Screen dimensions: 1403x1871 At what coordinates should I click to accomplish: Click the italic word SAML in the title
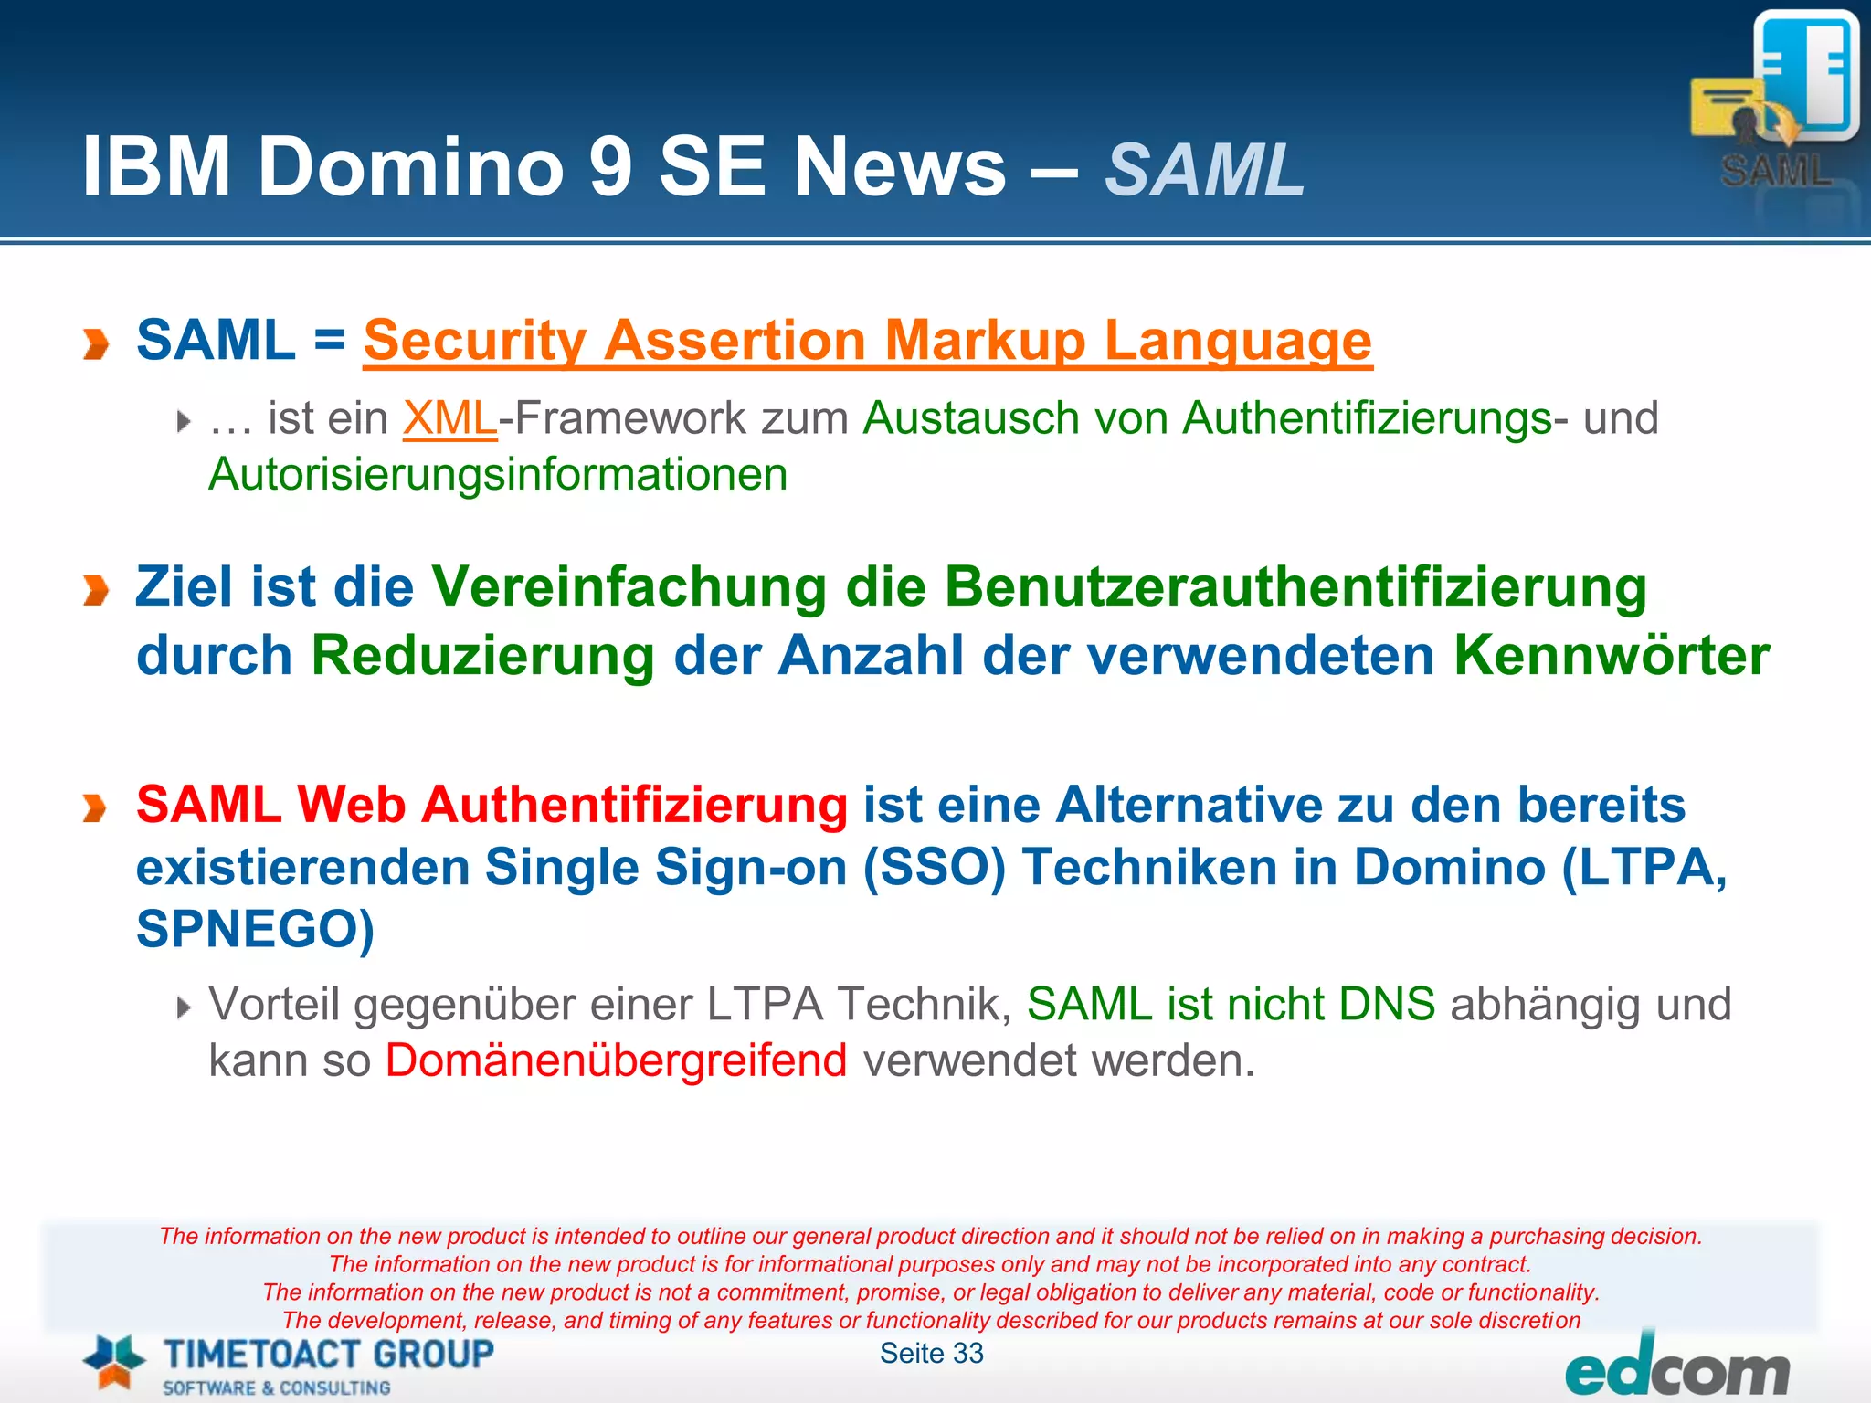pyautogui.click(x=1204, y=170)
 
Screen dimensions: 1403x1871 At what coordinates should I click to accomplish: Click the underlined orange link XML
pyautogui.click(x=449, y=419)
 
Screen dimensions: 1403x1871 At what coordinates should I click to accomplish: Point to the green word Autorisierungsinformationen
pyautogui.click(x=498, y=475)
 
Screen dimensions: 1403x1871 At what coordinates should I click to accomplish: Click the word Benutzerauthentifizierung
pyautogui.click(x=1295, y=587)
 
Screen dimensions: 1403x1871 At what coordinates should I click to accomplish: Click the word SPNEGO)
pyautogui.click(x=255, y=929)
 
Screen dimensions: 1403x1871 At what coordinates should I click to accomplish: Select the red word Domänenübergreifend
pyautogui.click(x=616, y=1060)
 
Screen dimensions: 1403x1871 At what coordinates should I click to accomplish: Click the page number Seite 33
pyautogui.click(x=931, y=1353)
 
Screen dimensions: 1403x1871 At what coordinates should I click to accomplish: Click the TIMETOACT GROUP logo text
pyautogui.click(x=328, y=1355)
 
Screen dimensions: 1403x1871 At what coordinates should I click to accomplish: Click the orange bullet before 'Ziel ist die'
pyautogui.click(x=95, y=590)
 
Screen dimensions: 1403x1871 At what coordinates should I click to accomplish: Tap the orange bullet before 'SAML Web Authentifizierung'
pyautogui.click(x=95, y=808)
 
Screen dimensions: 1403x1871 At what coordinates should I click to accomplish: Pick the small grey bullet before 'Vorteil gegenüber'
pyautogui.click(x=184, y=1007)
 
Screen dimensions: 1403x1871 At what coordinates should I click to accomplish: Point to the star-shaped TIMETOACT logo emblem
pyautogui.click(x=114, y=1361)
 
